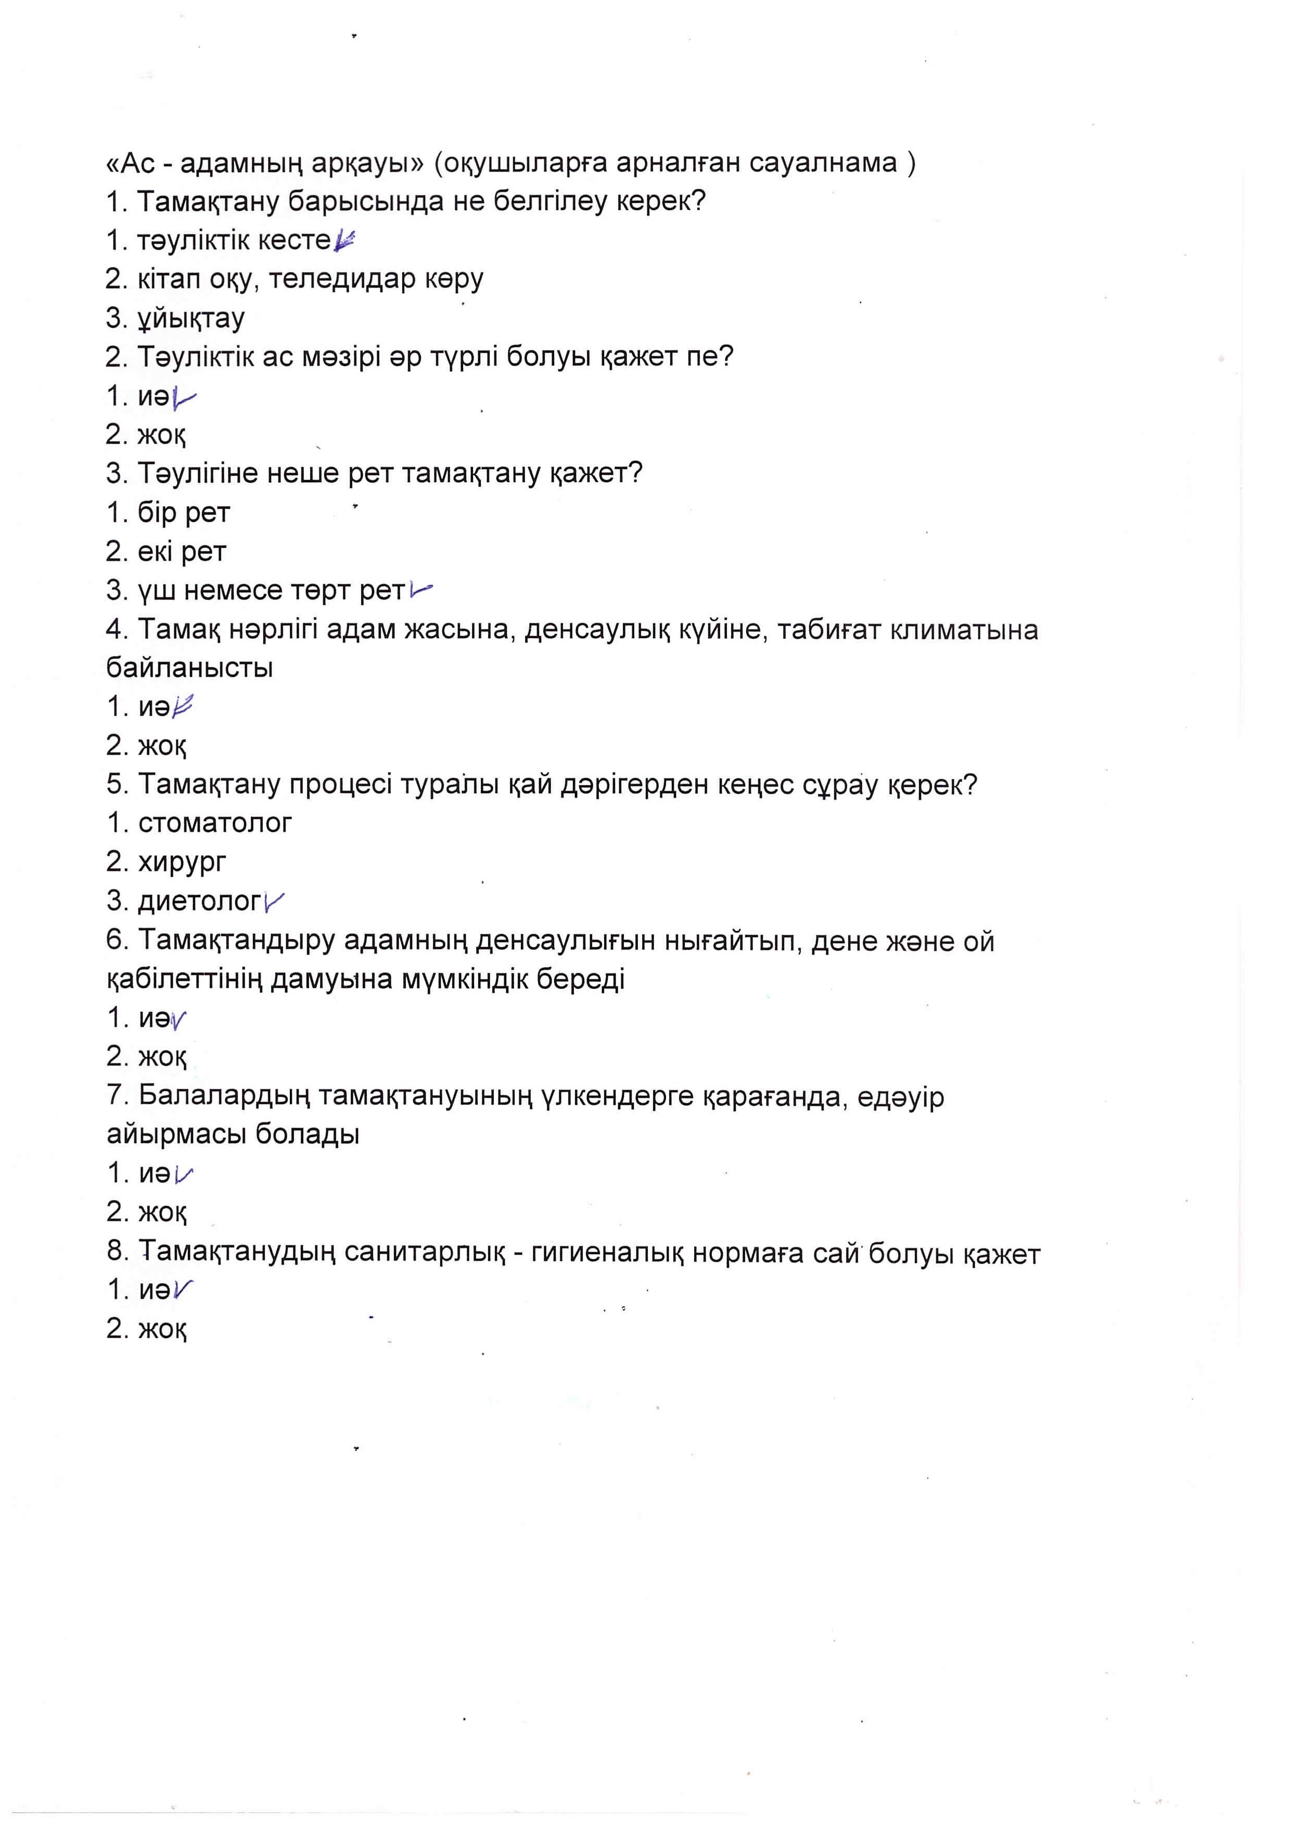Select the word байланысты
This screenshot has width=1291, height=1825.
[190, 667]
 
